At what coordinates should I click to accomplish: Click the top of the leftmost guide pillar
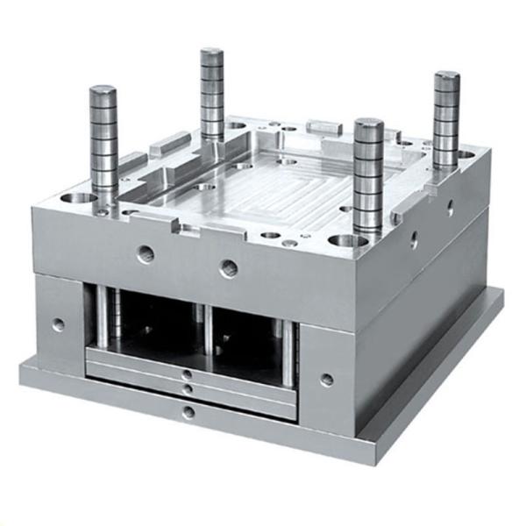click(x=103, y=90)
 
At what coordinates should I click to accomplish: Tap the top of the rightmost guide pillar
click(x=446, y=78)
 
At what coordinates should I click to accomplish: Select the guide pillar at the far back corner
click(x=211, y=54)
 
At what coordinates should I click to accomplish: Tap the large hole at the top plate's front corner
click(x=343, y=239)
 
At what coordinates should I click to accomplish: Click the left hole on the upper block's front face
click(x=146, y=254)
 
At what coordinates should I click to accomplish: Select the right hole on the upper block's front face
click(x=229, y=267)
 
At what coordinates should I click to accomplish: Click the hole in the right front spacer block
click(x=326, y=380)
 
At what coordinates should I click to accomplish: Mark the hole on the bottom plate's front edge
click(x=188, y=412)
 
